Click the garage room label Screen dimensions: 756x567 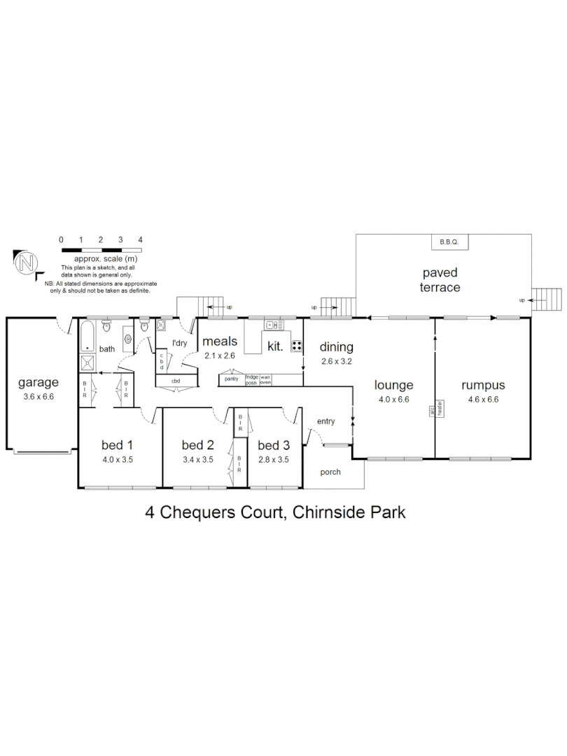pyautogui.click(x=38, y=383)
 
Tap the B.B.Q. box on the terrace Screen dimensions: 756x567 pyautogui.click(x=448, y=242)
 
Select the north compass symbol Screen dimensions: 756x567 pyautogui.click(x=27, y=264)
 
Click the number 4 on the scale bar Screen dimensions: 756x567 pyautogui.click(x=141, y=239)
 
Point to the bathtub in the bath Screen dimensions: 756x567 pyautogui.click(x=87, y=336)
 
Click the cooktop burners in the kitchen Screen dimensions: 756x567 pyautogui.click(x=296, y=345)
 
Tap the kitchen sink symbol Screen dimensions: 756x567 pyautogui.click(x=273, y=324)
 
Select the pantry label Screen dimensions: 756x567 pyautogui.click(x=231, y=379)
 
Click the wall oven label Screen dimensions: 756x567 pyautogui.click(x=265, y=379)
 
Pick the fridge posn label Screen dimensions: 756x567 pyautogui.click(x=251, y=379)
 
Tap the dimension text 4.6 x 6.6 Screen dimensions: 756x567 pyautogui.click(x=483, y=400)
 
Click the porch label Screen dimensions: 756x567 pyautogui.click(x=330, y=472)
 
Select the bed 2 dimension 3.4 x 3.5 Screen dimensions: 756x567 pyautogui.click(x=197, y=460)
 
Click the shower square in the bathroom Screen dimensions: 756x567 pyautogui.click(x=89, y=363)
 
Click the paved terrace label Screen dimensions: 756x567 pyautogui.click(x=440, y=279)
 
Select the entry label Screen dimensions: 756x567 pyautogui.click(x=326, y=421)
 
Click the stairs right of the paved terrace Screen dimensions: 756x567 pyautogui.click(x=547, y=300)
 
